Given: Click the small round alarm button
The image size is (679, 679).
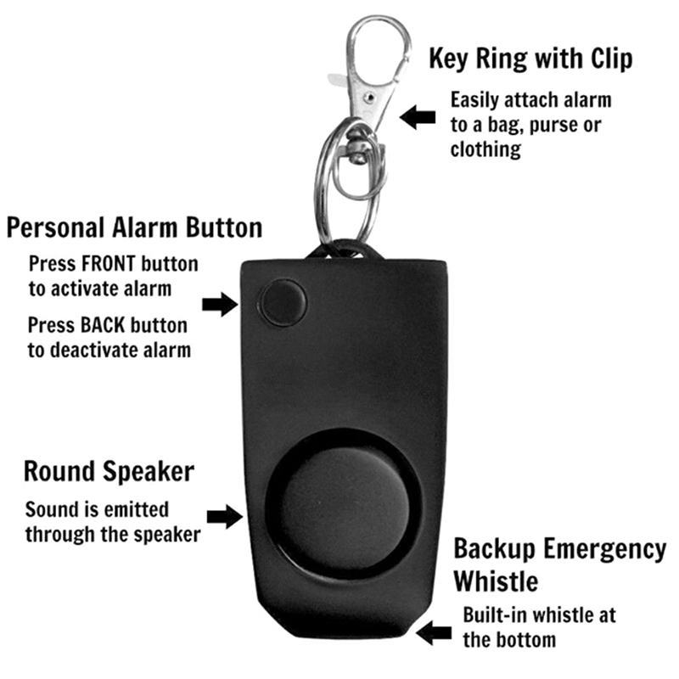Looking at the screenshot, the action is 283,303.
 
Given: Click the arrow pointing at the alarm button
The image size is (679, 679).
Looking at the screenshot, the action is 220,304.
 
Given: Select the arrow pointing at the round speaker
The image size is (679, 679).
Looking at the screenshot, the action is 225,516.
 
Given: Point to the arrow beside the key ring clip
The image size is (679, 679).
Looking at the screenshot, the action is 418,117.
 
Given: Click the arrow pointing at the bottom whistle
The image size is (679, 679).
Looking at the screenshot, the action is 434,632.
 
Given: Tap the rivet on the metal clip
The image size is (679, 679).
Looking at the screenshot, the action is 369,97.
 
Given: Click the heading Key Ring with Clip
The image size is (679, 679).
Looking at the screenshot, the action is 530,59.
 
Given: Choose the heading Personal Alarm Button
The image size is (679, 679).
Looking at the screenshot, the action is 135,227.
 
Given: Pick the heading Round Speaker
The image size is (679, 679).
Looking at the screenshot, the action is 109,472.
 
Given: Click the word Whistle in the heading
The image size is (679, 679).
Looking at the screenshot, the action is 496,581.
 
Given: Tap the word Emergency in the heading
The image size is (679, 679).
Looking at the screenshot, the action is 604,550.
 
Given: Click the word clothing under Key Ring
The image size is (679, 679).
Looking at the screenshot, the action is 485,150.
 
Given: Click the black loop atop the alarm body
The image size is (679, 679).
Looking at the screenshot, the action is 345,250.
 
